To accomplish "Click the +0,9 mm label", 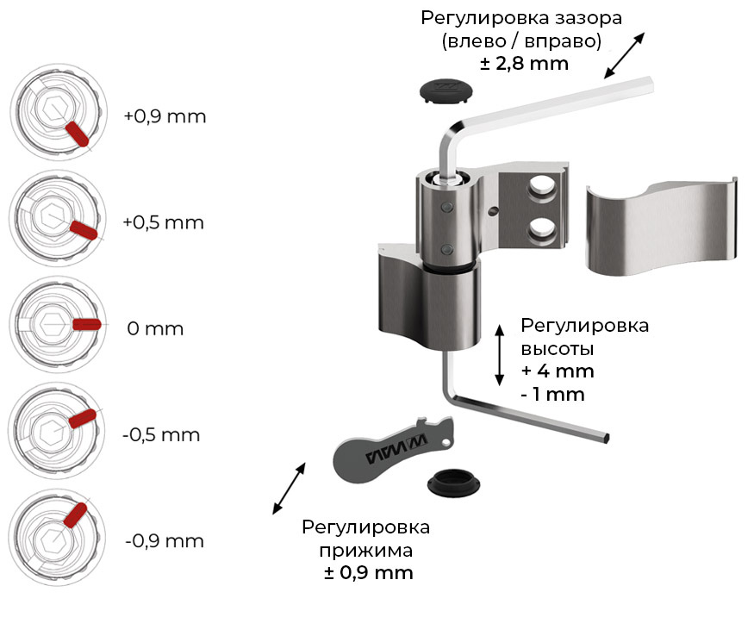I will point(165,116).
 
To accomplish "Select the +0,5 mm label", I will point(163,222).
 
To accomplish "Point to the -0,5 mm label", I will point(161,434).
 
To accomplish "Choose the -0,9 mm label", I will point(165,541).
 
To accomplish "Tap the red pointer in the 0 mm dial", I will point(87,324).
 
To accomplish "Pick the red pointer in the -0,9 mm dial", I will point(73,515).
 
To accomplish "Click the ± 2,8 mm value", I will point(524,64).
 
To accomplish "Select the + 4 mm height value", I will point(558,371).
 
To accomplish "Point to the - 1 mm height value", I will point(552,394).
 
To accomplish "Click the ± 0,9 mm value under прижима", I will point(368,573).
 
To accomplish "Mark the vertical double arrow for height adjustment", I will point(499,355).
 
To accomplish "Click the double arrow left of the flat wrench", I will point(290,488).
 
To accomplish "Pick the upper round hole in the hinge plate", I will point(541,184).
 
